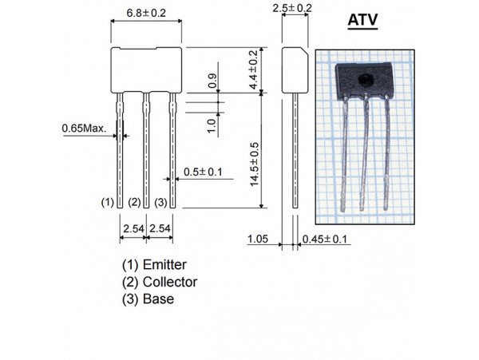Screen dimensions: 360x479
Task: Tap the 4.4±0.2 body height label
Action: pyautogui.click(x=255, y=69)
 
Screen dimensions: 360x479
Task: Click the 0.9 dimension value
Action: pyautogui.click(x=212, y=81)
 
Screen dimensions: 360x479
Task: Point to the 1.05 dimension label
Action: pyautogui.click(x=257, y=238)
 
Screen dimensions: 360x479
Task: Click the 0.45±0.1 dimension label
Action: pyautogui.click(x=323, y=238)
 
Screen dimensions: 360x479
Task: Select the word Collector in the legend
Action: pyautogui.click(x=170, y=282)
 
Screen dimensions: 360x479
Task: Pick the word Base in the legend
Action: pyautogui.click(x=158, y=299)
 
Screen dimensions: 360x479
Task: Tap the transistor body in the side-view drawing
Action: pyautogui.click(x=295, y=69)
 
